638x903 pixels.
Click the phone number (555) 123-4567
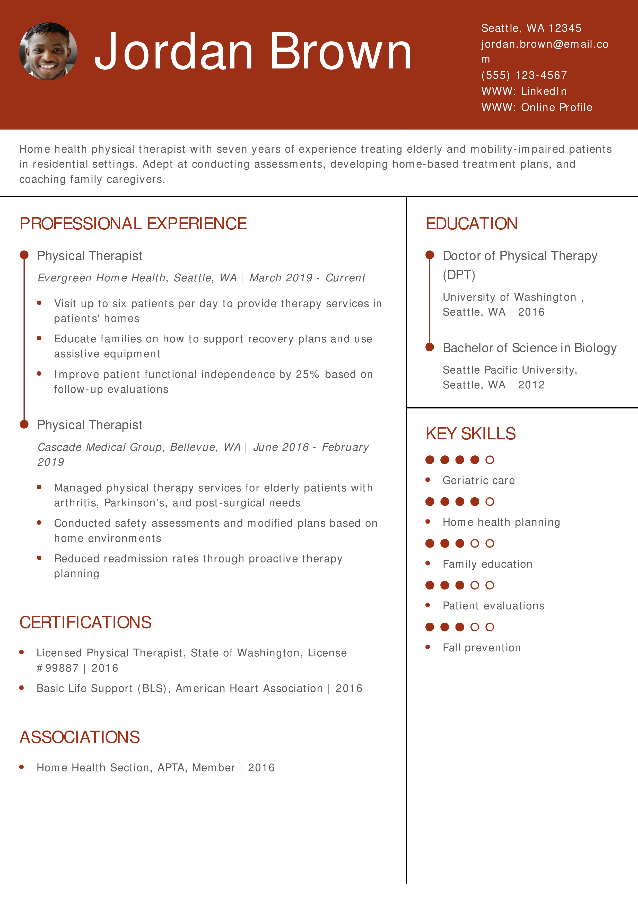(524, 75)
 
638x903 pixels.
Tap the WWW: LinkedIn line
(524, 91)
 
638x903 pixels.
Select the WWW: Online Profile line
(537, 107)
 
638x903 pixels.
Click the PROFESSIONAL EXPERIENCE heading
(133, 224)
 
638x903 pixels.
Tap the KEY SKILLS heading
(470, 434)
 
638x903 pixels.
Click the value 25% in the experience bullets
(307, 375)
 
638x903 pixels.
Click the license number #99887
(57, 668)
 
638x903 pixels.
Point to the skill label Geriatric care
(478, 481)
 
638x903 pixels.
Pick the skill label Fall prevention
(482, 648)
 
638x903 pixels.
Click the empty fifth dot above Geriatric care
(490, 460)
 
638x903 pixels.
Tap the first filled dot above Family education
(430, 544)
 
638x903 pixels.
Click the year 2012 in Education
(531, 385)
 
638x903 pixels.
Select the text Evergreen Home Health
(101, 278)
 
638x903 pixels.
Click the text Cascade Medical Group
(99, 447)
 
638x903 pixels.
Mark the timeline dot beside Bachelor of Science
(430, 347)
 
